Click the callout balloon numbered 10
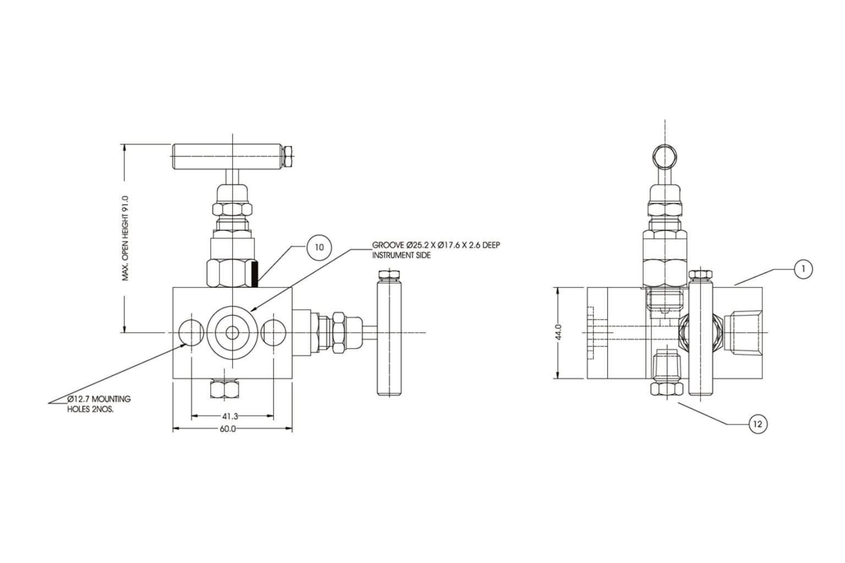tap(319, 247)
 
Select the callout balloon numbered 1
tap(803, 269)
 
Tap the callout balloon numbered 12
tap(758, 424)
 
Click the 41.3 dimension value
tap(231, 417)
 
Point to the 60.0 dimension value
tap(228, 429)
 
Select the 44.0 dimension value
tap(558, 332)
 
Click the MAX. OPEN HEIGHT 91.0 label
tap(125, 238)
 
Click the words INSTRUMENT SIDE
tap(402, 256)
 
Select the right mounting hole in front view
tap(273, 332)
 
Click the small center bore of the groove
tap(232, 332)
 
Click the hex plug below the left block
tap(225, 389)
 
